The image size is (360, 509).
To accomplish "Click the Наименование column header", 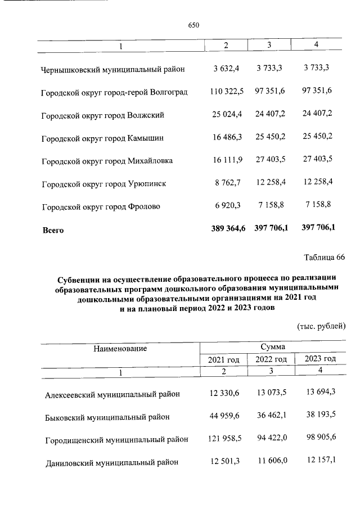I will (x=120, y=348).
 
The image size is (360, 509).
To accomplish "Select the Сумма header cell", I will (x=272, y=347).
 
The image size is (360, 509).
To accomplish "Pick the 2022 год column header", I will (x=271, y=359).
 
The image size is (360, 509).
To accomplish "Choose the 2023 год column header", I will (x=319, y=359).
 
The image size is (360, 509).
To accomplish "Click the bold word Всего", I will (x=53, y=229).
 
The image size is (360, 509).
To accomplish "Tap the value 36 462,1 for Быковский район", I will (x=271, y=416).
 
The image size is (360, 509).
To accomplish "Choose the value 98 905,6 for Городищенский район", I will (x=319, y=438).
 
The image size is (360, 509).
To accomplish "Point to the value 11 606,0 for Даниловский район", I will (x=271, y=461).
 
